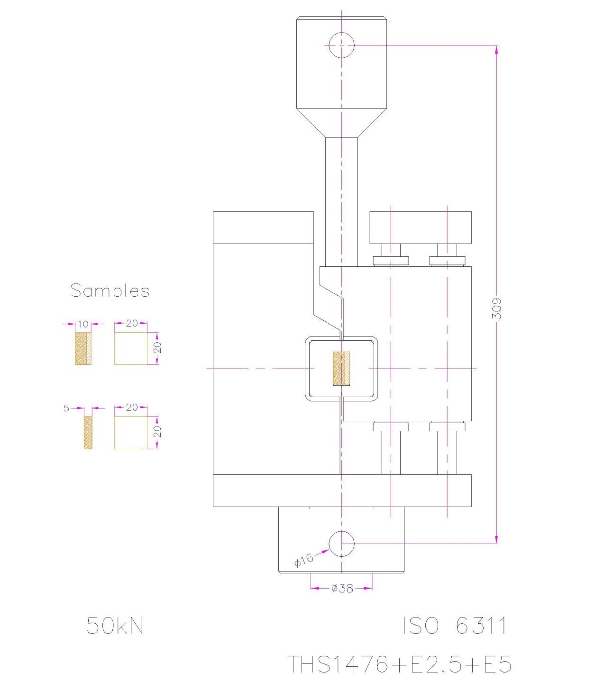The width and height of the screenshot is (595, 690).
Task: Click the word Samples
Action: tap(110, 291)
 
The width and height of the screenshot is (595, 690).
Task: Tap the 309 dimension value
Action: tap(497, 309)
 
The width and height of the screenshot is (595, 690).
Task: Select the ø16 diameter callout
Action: tap(304, 560)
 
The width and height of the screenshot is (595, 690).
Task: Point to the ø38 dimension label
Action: tap(342, 588)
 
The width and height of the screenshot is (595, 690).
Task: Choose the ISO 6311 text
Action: tap(455, 625)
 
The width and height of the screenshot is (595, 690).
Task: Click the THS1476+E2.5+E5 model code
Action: tap(399, 664)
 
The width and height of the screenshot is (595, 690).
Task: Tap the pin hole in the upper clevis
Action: tap(341, 45)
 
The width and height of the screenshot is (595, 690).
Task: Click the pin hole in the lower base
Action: tap(341, 544)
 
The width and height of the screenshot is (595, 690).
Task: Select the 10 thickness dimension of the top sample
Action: tap(83, 324)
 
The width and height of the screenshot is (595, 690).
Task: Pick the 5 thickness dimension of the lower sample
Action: tap(66, 408)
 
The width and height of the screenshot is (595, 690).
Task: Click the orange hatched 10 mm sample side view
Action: tap(83, 348)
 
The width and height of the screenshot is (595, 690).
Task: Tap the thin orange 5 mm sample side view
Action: tap(88, 433)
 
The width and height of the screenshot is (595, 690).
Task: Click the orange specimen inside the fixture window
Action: tap(341, 369)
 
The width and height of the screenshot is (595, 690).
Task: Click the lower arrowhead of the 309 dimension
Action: tap(497, 539)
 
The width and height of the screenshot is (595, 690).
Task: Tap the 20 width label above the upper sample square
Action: tap(132, 323)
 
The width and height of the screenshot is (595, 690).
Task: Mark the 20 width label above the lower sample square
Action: tap(132, 407)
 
